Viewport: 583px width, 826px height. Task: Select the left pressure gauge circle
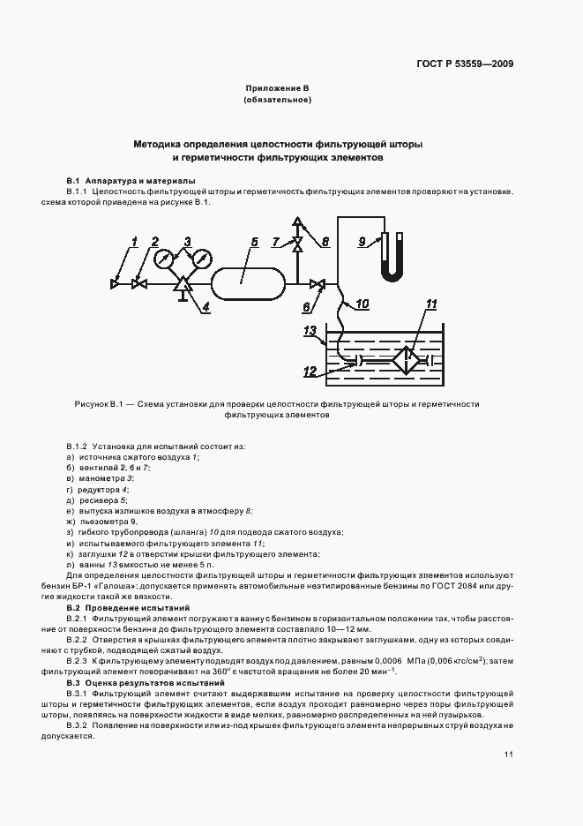click(163, 259)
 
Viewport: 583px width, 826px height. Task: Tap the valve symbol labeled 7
click(297, 242)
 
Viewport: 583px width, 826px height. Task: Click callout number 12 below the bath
click(309, 372)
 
